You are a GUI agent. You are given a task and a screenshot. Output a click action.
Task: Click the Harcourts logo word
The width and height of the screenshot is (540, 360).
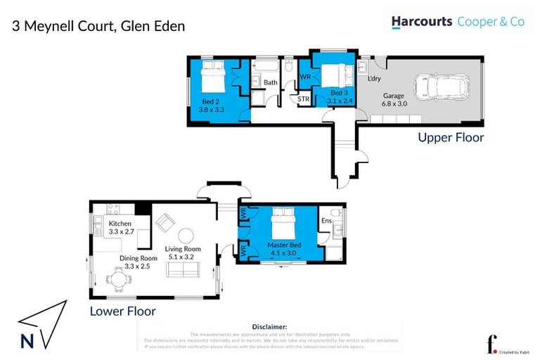pos(421,22)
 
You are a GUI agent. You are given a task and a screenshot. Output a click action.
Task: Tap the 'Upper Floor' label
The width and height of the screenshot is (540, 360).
pos(451,138)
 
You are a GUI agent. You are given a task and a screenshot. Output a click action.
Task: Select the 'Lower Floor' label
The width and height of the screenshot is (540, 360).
pos(122,311)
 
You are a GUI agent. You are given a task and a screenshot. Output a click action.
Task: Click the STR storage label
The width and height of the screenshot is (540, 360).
pos(304,100)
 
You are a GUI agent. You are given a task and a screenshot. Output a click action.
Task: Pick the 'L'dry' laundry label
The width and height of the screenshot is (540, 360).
pos(375,78)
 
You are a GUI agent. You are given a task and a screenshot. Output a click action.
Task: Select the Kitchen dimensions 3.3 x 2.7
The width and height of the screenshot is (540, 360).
pos(122,231)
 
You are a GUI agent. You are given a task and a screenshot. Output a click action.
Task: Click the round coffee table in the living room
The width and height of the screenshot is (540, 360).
pos(186,235)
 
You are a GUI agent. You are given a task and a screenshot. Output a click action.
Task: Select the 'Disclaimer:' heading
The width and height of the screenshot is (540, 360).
pos(269,327)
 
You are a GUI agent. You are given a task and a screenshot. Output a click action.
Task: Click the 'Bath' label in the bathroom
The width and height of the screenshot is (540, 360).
pos(271,82)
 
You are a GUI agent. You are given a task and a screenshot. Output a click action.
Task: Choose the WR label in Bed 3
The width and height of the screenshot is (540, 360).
pos(306,76)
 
